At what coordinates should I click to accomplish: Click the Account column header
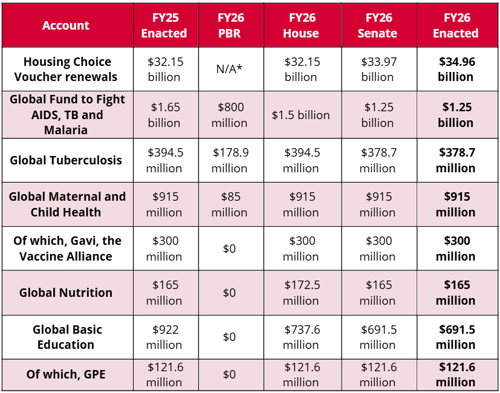66,25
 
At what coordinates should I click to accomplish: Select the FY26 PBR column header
229,25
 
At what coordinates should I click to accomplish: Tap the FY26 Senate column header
378,25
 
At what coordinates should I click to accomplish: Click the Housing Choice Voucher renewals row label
67,70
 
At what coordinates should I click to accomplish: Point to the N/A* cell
229,70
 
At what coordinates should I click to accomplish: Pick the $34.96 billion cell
455,70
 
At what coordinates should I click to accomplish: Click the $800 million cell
229,115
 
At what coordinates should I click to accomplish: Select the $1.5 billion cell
300,115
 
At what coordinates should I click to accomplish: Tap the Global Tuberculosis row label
66,160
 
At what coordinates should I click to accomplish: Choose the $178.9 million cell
229,160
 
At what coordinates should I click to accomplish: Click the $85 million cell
229,204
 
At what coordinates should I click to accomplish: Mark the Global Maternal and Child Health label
67,204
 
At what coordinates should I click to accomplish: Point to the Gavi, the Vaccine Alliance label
67,248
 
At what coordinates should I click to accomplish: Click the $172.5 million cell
300,293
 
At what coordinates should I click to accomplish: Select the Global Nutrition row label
66,293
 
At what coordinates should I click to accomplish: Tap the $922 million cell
164,337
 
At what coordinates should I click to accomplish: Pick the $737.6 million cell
300,337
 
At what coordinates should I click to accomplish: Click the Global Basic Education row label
67,337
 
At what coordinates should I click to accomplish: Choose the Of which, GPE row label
66,374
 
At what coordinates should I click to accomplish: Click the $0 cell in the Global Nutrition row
229,293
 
